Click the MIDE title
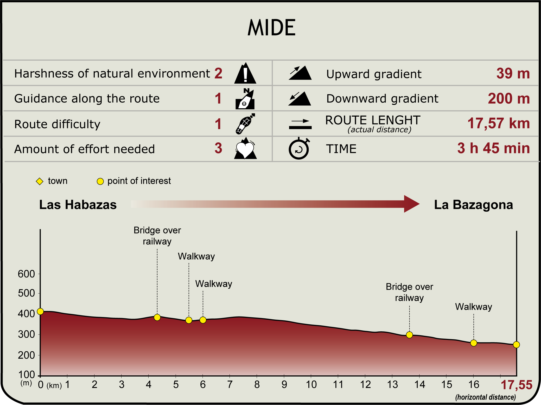(x=271, y=28)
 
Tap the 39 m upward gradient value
(x=513, y=74)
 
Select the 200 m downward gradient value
(x=508, y=99)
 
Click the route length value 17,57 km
(x=498, y=123)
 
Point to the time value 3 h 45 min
(x=493, y=148)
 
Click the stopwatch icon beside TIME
(x=299, y=149)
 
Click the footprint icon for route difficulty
(x=245, y=124)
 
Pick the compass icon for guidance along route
(x=245, y=99)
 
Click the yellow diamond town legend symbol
(x=40, y=181)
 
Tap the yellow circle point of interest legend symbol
(x=100, y=181)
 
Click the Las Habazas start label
(x=78, y=205)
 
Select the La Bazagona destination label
(x=473, y=205)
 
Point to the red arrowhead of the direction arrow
(x=411, y=204)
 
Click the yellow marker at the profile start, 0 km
(x=40, y=312)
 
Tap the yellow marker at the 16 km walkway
(x=474, y=343)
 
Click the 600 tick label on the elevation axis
(x=26, y=274)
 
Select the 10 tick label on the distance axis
(x=311, y=385)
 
